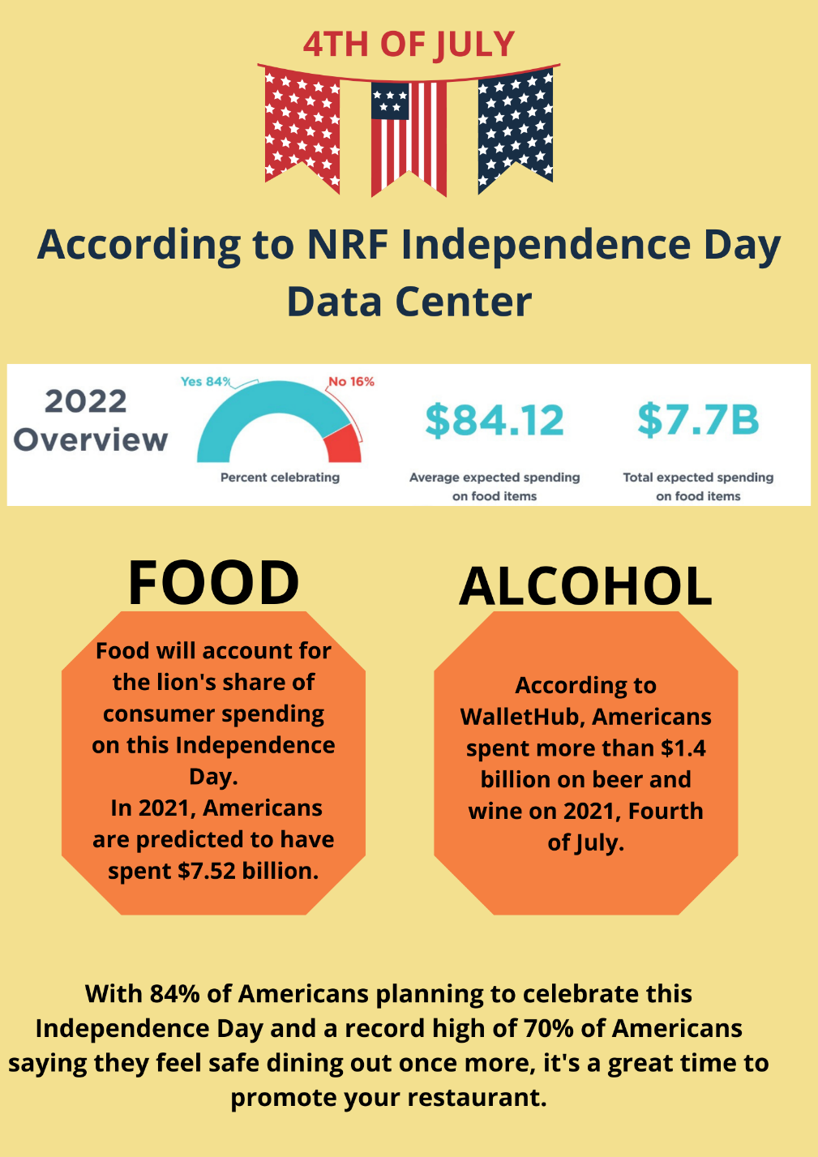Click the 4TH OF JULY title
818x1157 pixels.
point(409,45)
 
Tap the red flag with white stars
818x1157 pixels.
point(302,126)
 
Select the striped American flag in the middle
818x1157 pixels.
point(409,134)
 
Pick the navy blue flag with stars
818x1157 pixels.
point(515,126)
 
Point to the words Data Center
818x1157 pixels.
point(409,302)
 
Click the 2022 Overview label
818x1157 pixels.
point(90,420)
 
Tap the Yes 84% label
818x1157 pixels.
point(205,381)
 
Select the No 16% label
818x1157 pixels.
point(351,381)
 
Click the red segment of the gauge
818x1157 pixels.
point(342,445)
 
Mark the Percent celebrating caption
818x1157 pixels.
point(280,478)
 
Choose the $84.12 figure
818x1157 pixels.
point(495,421)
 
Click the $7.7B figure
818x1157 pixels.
point(698,420)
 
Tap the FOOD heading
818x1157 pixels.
point(213,582)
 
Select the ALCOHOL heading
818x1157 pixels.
point(585,586)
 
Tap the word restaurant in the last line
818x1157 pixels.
point(473,1097)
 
